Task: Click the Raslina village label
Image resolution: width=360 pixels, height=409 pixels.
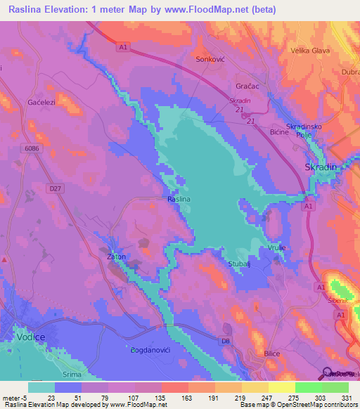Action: point(179,200)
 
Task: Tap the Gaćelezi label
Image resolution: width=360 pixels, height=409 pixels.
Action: point(41,102)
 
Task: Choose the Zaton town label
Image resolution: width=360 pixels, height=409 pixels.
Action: point(116,257)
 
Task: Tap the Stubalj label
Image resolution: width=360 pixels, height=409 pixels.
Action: point(248,265)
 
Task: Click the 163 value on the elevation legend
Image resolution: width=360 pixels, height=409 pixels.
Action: point(175,397)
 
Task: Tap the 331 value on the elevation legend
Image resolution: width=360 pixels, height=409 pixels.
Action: point(337,397)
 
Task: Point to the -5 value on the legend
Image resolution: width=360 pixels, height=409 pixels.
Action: point(23,397)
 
